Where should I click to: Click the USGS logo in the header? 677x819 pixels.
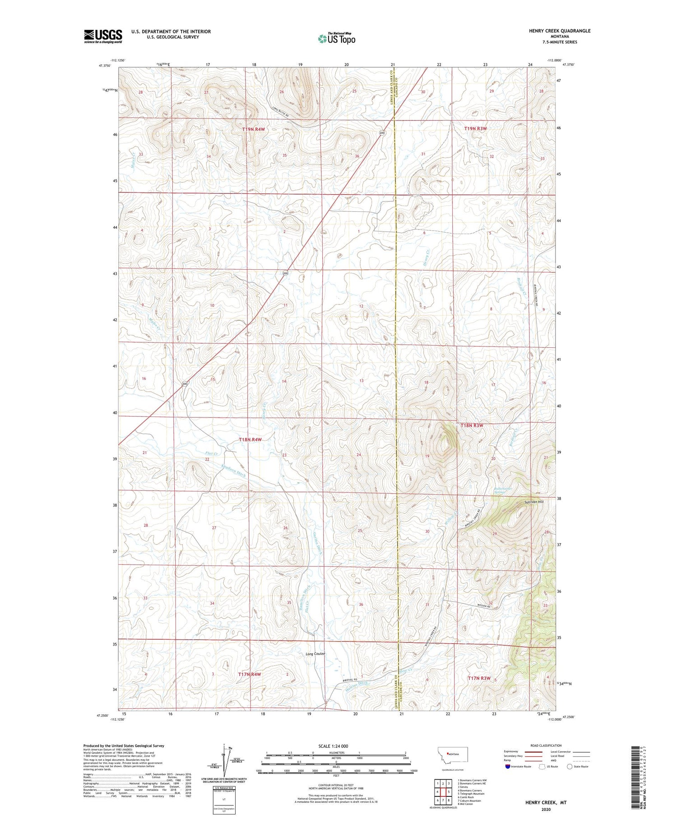click(103, 36)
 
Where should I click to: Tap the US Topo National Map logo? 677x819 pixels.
click(336, 39)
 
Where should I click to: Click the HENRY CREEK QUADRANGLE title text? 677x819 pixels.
click(560, 31)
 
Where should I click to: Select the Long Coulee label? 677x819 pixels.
click(315, 654)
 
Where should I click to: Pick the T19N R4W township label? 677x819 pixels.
click(253, 129)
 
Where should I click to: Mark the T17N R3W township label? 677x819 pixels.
click(479, 678)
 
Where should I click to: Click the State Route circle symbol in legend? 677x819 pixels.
click(570, 767)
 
